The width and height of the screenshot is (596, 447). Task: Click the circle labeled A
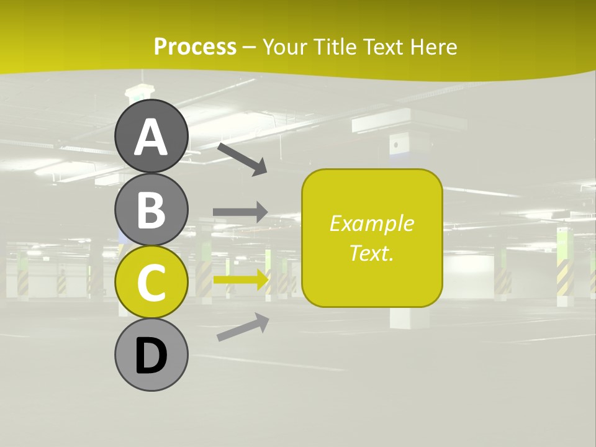(151, 137)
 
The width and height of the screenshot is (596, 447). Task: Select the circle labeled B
(151, 209)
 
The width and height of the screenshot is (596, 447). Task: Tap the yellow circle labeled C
(151, 282)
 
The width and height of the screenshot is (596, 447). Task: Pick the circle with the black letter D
(151, 354)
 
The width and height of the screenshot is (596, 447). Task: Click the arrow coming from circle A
(242, 159)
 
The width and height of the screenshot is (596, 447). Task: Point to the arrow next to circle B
(240, 212)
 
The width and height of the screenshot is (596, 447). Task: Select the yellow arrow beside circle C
(242, 279)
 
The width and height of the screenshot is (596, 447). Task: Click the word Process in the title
(195, 47)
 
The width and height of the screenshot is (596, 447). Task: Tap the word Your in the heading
(283, 47)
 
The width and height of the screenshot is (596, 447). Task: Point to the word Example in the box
(371, 223)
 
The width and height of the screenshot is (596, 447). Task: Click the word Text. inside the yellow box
(371, 253)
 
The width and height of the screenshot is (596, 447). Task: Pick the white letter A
(151, 137)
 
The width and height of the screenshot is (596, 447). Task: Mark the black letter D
(151, 356)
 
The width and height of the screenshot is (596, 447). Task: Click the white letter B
(151, 210)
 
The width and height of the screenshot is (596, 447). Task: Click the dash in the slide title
(249, 47)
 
